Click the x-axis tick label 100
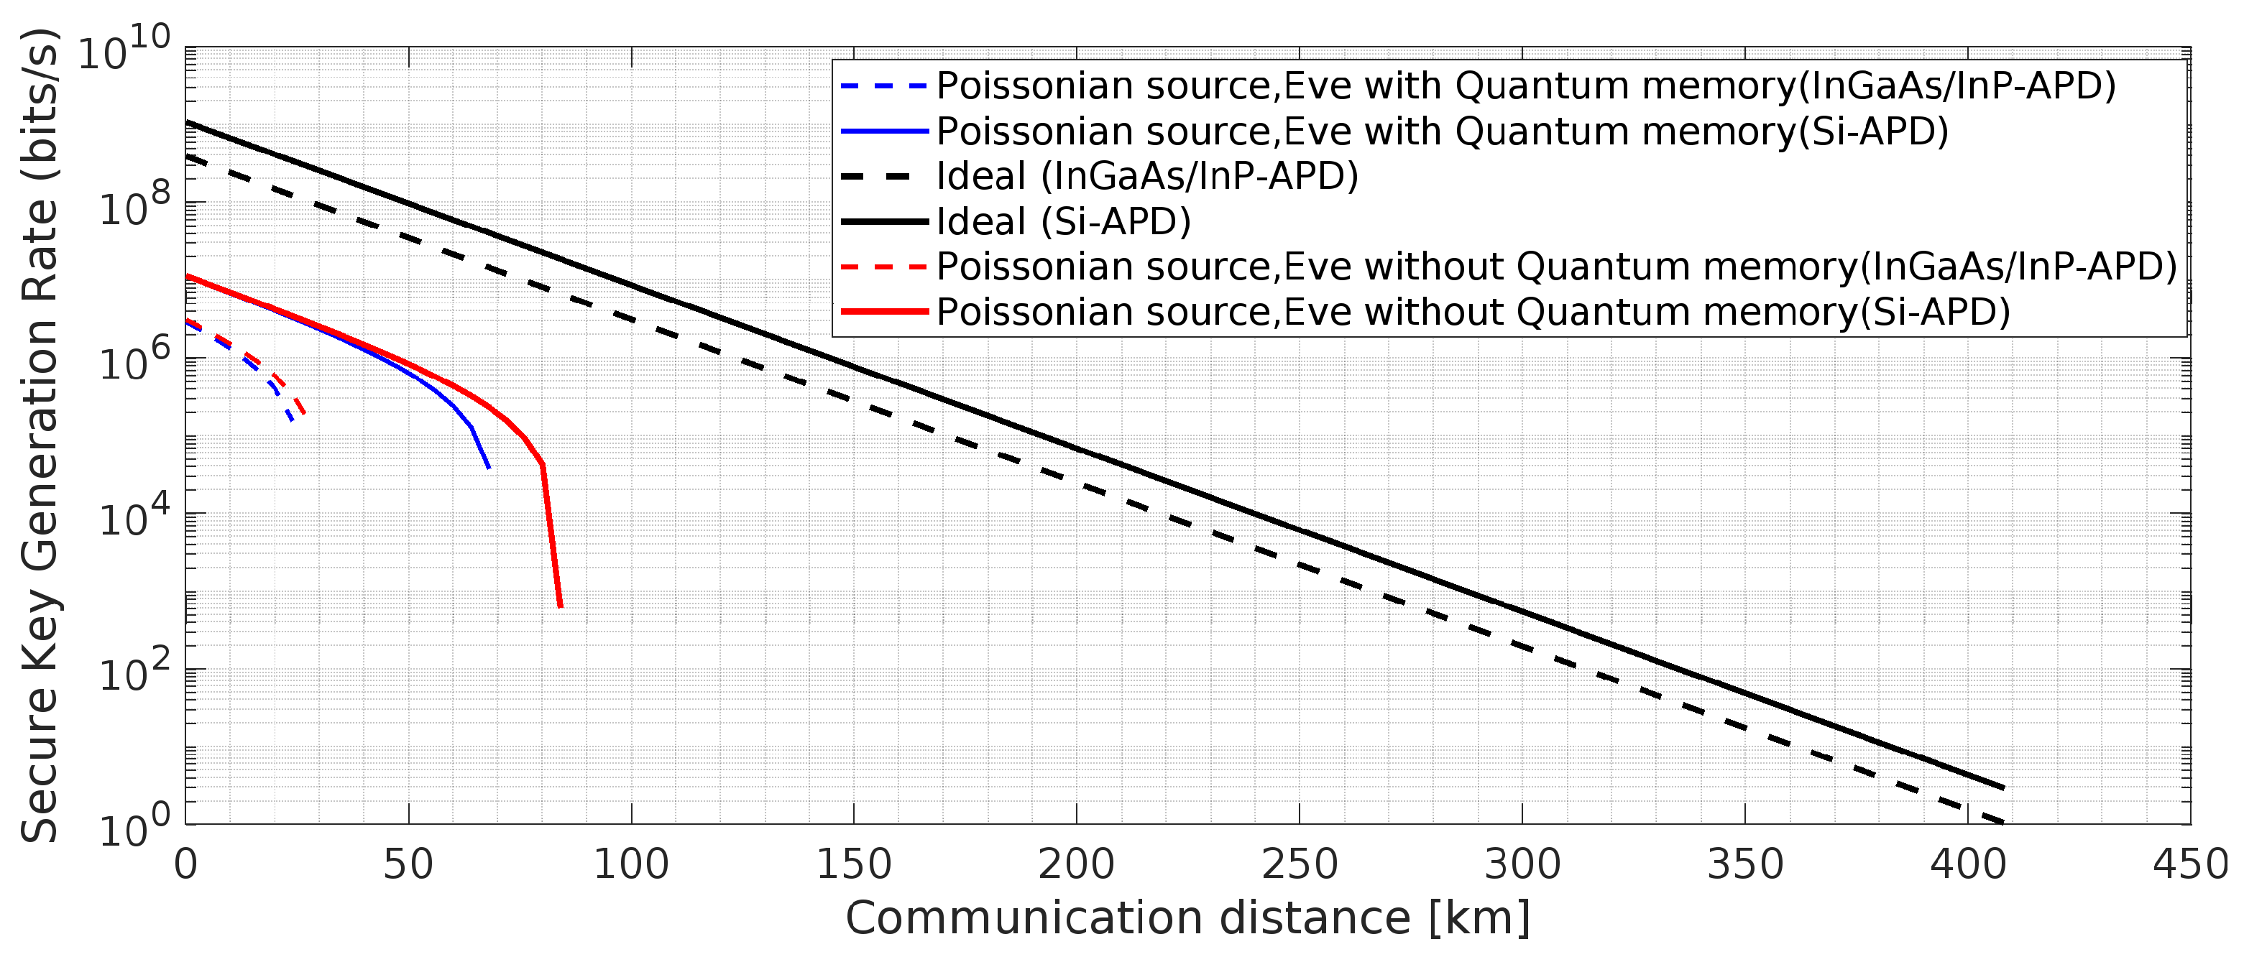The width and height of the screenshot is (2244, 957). [x=630, y=866]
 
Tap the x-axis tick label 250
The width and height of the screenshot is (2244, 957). [x=1299, y=866]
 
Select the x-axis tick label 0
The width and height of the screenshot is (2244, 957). [x=185, y=866]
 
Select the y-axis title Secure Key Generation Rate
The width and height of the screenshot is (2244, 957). [x=40, y=435]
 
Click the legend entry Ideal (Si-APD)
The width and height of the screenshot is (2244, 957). [x=1063, y=222]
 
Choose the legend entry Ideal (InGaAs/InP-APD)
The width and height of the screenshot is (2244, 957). [x=1146, y=177]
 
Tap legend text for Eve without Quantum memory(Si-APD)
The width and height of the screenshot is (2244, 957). [x=1473, y=312]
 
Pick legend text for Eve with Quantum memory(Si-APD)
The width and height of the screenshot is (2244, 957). [x=1442, y=131]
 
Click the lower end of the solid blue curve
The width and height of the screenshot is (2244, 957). [x=489, y=468]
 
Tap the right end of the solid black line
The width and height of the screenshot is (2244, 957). [x=2005, y=788]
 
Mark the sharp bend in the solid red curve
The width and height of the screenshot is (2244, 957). [x=543, y=465]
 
